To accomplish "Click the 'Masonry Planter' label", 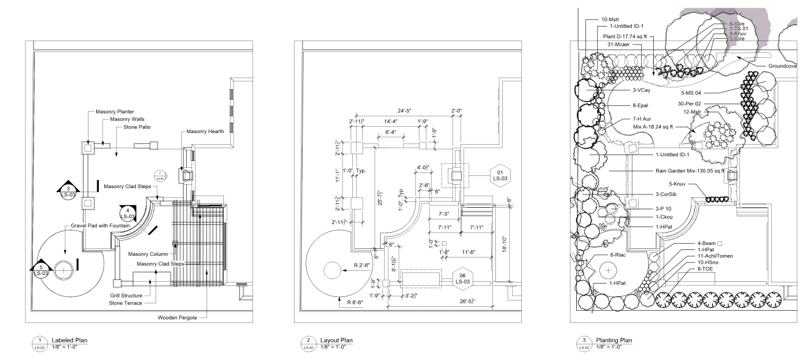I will [115, 111].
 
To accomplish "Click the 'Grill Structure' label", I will [126, 295].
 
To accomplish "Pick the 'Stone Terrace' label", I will [126, 303].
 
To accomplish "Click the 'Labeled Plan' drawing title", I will [69, 340].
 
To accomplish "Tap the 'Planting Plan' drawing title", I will [614, 340].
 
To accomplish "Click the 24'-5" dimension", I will [407, 110].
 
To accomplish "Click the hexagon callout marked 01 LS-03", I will [499, 175].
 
